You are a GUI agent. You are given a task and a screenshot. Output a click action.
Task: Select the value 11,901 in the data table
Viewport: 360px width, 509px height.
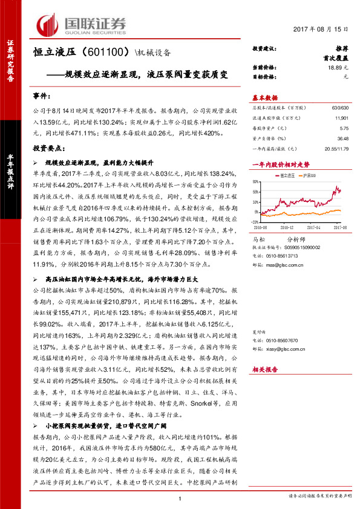[341, 118]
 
